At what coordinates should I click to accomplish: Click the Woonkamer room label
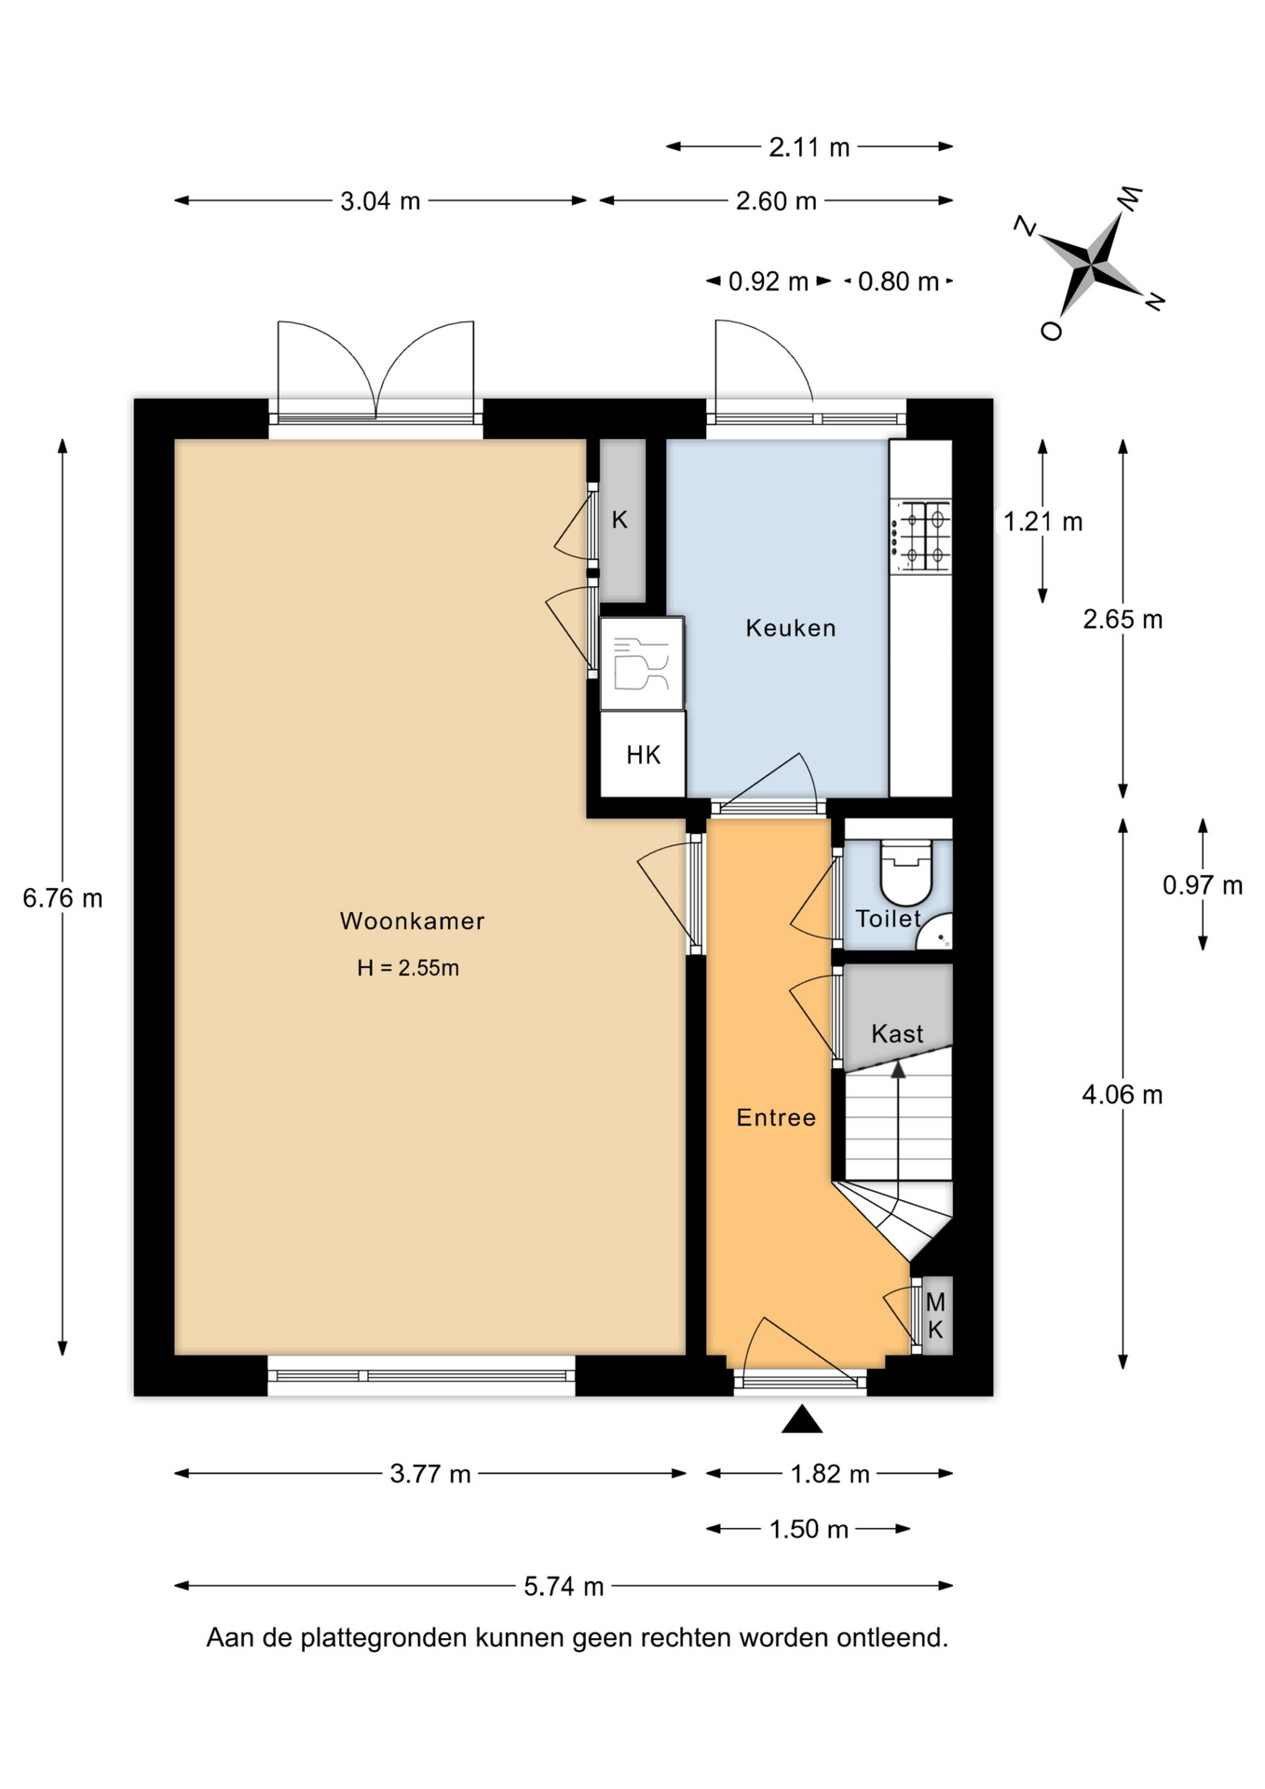pos(412,921)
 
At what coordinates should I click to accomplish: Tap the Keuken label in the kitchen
pos(791,628)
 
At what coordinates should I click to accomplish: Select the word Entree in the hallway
pos(776,1117)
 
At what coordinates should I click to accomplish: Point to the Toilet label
pos(889,919)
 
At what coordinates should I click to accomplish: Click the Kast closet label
pos(897,1033)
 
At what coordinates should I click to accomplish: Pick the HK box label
pos(644,755)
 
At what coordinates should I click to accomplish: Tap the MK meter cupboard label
pos(935,1316)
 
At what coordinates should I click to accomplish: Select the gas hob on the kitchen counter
pos(920,536)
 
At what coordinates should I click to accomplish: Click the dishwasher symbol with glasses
pos(642,663)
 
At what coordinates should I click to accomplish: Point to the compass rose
pos(1090,264)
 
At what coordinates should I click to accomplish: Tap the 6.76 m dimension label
pos(62,898)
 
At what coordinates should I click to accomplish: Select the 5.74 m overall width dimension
pos(564,1586)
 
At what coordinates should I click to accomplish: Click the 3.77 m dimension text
pos(430,1474)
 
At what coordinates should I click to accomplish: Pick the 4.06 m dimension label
pos(1122,1095)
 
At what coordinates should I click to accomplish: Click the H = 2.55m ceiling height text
pos(408,968)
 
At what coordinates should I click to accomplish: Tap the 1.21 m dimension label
pos(1043,522)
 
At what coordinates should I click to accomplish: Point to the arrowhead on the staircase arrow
pos(898,1070)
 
